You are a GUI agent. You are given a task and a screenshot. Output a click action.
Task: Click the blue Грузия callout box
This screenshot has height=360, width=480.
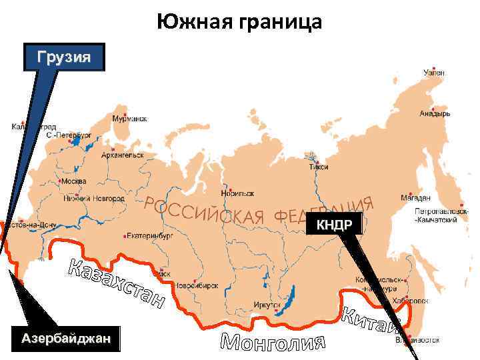point(64,57)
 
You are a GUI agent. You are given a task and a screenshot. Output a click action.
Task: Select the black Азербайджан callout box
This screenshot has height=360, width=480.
point(67,339)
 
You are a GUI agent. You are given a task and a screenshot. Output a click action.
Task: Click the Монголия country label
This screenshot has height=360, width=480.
point(273,341)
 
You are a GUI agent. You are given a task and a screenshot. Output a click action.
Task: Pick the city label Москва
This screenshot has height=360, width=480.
point(73,181)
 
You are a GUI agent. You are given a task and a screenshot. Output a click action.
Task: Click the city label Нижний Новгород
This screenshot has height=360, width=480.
point(93,198)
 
